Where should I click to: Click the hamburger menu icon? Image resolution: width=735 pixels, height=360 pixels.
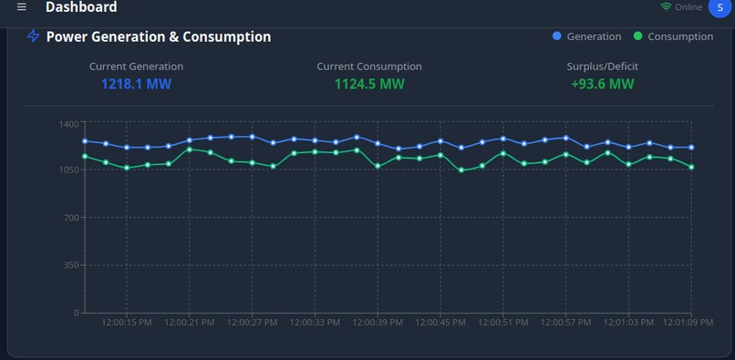22,7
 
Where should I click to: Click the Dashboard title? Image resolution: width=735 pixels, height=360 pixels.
81,7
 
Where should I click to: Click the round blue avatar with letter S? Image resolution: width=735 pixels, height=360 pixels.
720,7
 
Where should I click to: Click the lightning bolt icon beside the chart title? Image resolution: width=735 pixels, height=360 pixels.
34,36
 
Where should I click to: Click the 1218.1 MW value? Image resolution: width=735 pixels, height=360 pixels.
136,84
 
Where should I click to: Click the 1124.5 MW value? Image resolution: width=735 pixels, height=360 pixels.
369,84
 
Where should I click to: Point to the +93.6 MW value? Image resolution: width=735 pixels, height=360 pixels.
602,84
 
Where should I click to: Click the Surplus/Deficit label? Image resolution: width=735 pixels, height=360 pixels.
602,67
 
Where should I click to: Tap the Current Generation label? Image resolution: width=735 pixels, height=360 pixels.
136,67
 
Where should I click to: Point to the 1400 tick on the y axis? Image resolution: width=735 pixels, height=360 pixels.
68,123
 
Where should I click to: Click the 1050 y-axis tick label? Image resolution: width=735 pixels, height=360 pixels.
68,170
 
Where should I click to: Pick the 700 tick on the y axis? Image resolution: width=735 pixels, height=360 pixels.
71,218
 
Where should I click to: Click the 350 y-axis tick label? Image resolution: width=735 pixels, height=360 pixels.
71,265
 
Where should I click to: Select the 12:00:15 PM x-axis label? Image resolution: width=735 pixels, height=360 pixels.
127,322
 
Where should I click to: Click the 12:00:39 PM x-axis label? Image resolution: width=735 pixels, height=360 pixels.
377,322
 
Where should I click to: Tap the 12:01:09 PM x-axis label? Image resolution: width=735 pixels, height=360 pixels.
688,322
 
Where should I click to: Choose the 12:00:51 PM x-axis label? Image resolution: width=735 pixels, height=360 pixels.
502,322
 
